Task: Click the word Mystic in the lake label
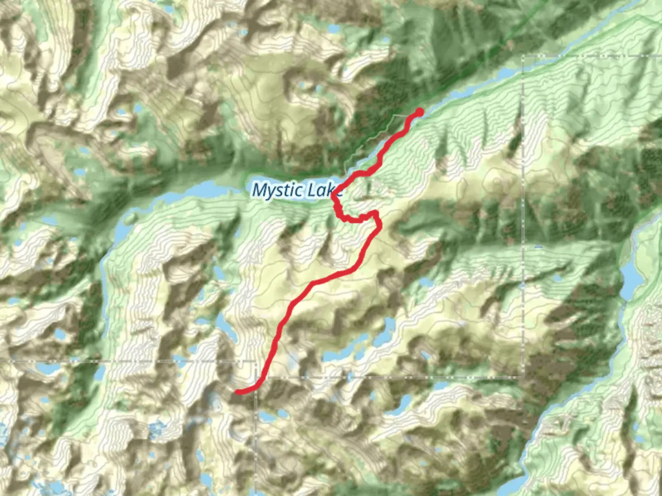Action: (278, 190)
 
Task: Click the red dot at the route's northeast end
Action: (419, 112)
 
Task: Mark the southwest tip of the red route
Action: (237, 391)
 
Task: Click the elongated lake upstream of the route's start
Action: (506, 73)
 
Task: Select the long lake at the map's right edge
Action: (631, 276)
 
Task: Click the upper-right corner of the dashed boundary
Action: (524, 56)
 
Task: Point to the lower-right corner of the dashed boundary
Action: (523, 377)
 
